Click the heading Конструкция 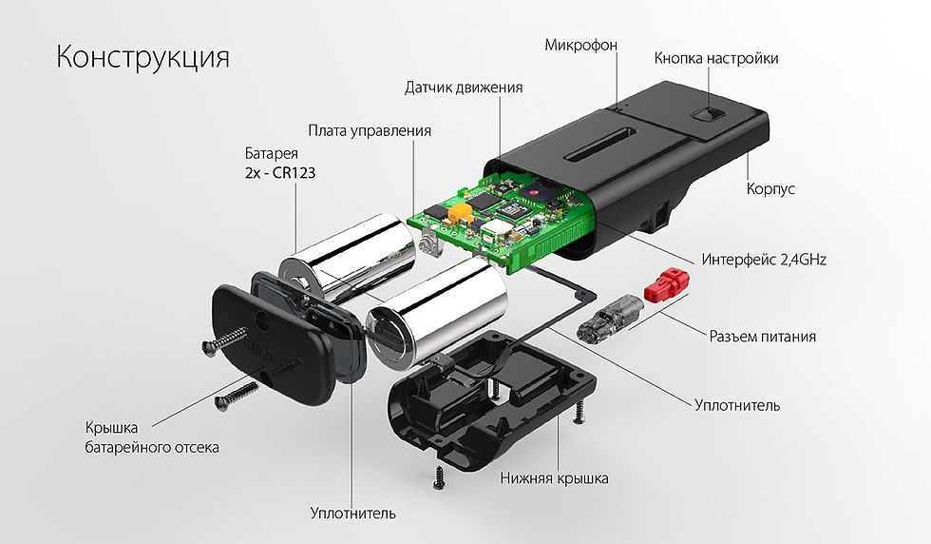coord(142,58)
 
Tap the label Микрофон coord(580,46)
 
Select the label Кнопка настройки coord(716,58)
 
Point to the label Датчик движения coord(464,88)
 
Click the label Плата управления coord(370,131)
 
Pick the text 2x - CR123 coord(279,173)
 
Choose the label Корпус coord(770,189)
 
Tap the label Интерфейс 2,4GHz coord(764,260)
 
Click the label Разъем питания coord(762,337)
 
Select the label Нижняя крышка coord(554,478)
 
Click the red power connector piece coord(666,283)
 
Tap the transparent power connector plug coord(610,318)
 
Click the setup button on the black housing coord(705,114)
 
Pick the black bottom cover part coord(492,399)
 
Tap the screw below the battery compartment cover coord(237,396)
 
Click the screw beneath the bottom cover coord(439,476)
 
